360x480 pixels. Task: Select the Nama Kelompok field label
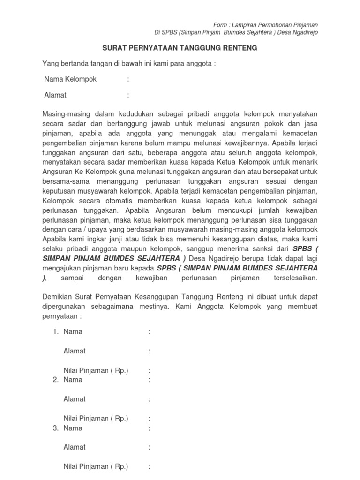pos(70,79)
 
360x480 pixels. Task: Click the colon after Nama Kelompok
pos(127,79)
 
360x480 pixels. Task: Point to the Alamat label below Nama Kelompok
pos(55,95)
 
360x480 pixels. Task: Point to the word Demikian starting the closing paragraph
pos(58,296)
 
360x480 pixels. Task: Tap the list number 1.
pos(55,332)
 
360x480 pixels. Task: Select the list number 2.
pos(55,380)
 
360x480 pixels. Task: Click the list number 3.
pos(55,428)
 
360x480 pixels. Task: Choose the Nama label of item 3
pos(73,428)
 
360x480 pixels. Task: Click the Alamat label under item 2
pos(75,399)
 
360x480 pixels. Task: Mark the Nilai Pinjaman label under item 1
pos(96,370)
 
